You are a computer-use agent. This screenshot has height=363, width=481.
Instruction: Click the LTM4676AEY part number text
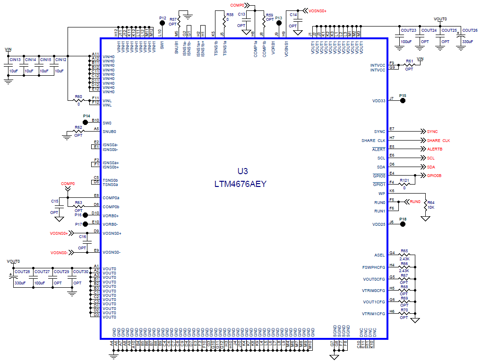pyautogui.click(x=240, y=184)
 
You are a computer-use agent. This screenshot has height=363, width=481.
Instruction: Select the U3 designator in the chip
pyautogui.click(x=242, y=171)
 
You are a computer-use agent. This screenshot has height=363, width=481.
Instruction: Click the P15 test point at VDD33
pyautogui.click(x=403, y=100)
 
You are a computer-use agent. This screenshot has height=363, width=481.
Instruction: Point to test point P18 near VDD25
pyautogui.click(x=403, y=224)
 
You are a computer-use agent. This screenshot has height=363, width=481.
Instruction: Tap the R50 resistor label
pyautogui.click(x=78, y=97)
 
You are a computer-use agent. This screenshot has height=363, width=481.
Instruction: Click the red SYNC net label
pyautogui.click(x=432, y=132)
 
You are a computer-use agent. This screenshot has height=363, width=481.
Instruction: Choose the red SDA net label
pyautogui.click(x=431, y=167)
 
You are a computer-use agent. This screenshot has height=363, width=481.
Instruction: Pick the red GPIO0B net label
pyautogui.click(x=434, y=176)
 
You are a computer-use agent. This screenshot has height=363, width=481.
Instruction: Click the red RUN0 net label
pyautogui.click(x=415, y=202)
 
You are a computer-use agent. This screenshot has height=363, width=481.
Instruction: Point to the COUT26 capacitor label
pyautogui.click(x=470, y=30)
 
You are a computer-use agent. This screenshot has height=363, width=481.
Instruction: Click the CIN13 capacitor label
pyautogui.click(x=15, y=60)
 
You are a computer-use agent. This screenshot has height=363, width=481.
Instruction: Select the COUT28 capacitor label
pyautogui.click(x=22, y=272)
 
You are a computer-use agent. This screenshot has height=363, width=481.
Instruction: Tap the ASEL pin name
pyautogui.click(x=380, y=255)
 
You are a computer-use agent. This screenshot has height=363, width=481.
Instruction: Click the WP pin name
pyautogui.click(x=382, y=193)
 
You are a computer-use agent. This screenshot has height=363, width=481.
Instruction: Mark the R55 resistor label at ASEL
pyautogui.click(x=404, y=251)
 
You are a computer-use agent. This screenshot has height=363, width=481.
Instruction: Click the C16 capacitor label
pyautogui.click(x=82, y=237)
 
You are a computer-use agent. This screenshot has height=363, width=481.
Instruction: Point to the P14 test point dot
pyautogui.click(x=86, y=122)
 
